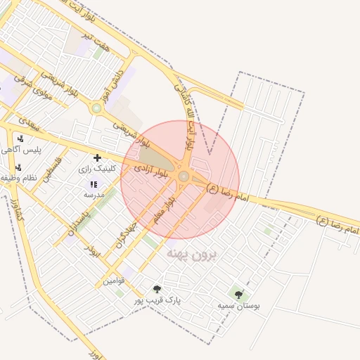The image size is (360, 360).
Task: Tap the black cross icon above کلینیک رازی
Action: pyautogui.click(x=97, y=157)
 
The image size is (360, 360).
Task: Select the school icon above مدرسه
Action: pyautogui.click(x=94, y=184)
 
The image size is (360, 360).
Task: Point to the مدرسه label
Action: pyautogui.click(x=94, y=194)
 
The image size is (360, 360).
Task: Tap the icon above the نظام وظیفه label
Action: pyautogui.click(x=19, y=167)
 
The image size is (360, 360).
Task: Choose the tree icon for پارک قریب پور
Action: pyautogui.click(x=157, y=289)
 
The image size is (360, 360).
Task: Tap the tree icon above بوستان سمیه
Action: pyautogui.click(x=239, y=295)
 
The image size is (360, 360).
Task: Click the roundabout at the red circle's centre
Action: pyautogui.click(x=184, y=176)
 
